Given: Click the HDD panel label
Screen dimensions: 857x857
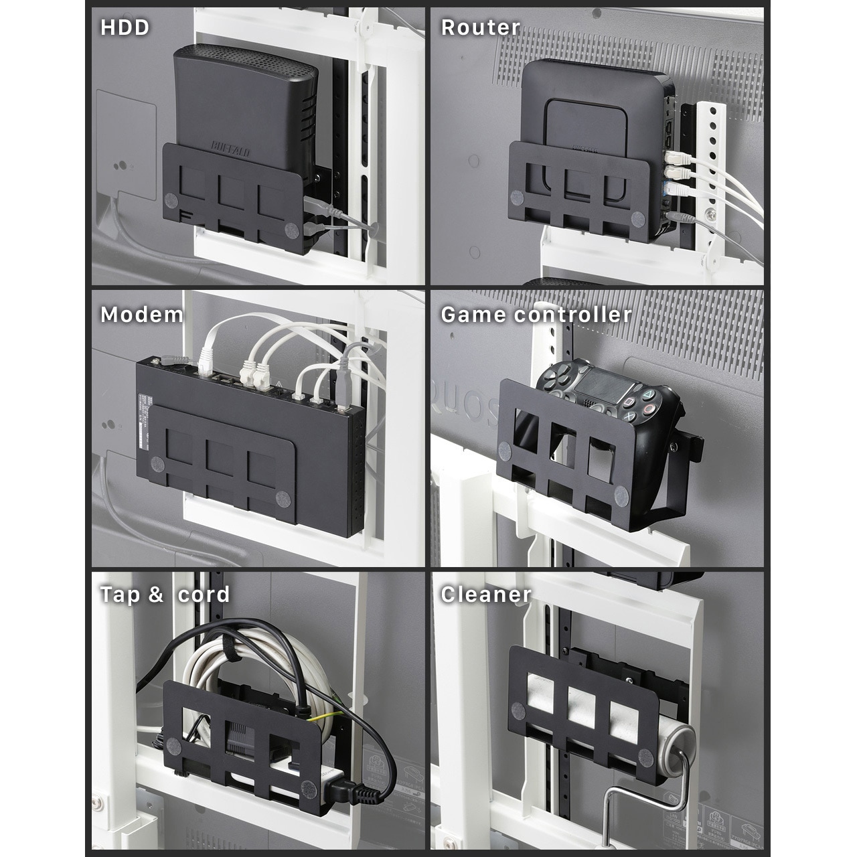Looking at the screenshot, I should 125,27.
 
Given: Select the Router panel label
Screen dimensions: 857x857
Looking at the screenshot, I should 480,27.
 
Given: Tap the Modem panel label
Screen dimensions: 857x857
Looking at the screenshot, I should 141,315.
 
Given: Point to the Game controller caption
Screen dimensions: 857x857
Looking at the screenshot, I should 536,315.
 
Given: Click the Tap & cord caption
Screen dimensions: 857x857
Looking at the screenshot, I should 165,595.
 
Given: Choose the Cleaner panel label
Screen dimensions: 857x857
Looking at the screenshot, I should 485,595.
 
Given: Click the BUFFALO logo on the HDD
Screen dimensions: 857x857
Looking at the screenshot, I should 231,149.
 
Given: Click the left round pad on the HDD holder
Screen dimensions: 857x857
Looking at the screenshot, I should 171,200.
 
